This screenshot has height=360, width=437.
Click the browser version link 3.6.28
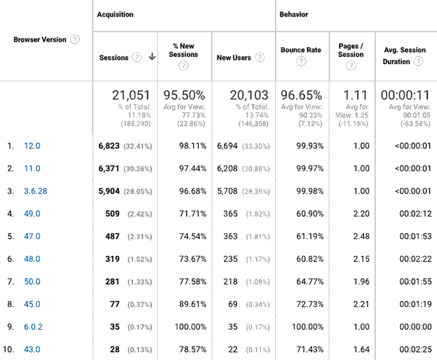click(x=34, y=191)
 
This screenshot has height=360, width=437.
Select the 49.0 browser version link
click(x=32, y=214)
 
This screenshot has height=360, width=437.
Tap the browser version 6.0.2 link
click(x=32, y=326)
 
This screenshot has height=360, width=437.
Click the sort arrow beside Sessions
click(x=152, y=57)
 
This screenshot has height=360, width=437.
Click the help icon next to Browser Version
click(x=75, y=39)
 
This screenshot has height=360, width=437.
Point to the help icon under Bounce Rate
click(x=301, y=62)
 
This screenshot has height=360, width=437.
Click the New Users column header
click(x=234, y=58)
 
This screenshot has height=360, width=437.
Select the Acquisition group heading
click(x=115, y=14)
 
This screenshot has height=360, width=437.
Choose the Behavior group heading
click(x=294, y=14)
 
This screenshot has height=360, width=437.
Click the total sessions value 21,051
click(x=131, y=95)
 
